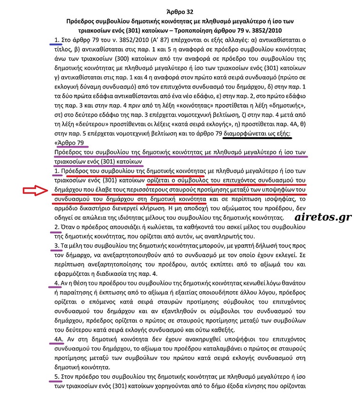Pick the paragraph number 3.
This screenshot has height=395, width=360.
pos(57,245)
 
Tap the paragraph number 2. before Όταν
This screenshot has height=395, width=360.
pos(57,226)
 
